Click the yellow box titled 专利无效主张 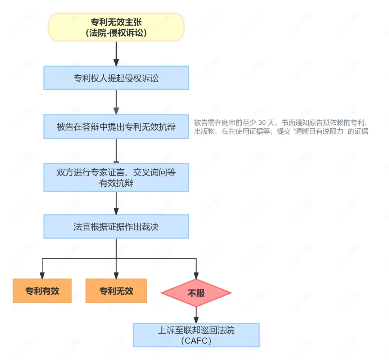(116, 27)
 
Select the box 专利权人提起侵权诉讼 (116, 78)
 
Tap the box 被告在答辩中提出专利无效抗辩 (116, 126)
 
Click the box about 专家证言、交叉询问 (116, 177)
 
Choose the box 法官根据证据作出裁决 (116, 227)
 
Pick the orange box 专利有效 (42, 290)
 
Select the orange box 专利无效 (116, 290)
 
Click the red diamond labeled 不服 (196, 293)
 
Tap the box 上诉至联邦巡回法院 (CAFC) (196, 335)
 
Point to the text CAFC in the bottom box (196, 341)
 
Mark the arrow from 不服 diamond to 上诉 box (196, 315)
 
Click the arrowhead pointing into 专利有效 (42, 276)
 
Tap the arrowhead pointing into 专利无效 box (116, 276)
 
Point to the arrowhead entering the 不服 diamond (196, 276)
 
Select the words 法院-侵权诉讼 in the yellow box (116, 32)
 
